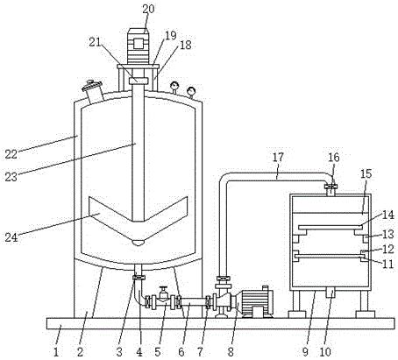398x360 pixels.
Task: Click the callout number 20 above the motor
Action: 148,9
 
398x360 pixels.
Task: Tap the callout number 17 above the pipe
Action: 278,157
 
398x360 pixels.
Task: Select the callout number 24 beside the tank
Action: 11,237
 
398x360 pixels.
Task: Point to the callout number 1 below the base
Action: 56,352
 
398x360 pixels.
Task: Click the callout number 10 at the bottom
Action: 325,352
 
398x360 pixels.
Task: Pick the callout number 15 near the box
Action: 366,173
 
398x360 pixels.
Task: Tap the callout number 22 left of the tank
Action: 11,154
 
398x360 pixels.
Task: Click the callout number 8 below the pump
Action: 231,352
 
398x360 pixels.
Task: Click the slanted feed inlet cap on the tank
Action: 91,86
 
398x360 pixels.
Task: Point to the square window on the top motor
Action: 139,43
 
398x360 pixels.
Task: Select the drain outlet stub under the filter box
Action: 330,292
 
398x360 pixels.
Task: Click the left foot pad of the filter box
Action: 297,314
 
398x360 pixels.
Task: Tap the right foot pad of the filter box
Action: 366,314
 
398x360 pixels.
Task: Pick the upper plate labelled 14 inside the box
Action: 330,227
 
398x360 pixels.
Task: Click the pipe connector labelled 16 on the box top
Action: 330,187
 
